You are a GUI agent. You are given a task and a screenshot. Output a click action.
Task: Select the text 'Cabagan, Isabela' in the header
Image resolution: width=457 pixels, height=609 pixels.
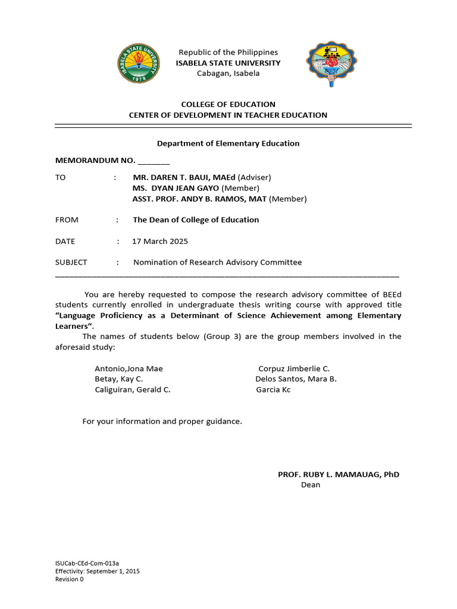228,73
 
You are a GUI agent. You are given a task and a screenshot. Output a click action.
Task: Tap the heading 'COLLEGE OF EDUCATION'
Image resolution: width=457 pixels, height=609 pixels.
228,104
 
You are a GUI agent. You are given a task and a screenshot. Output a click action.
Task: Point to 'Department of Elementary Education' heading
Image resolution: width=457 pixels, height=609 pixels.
228,143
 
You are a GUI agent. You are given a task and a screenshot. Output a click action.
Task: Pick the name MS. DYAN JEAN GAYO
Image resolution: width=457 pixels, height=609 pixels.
176,188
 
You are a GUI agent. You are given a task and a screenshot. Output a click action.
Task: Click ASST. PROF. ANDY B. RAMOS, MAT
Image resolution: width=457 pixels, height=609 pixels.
199,199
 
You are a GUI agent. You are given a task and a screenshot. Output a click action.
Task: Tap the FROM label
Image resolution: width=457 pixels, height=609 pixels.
67,219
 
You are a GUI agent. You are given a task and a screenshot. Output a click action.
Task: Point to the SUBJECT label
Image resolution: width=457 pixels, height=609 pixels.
71,262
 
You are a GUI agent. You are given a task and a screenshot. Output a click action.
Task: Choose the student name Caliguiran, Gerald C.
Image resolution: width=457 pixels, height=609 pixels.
133,390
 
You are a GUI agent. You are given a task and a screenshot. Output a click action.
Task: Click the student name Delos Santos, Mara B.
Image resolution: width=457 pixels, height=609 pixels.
296,379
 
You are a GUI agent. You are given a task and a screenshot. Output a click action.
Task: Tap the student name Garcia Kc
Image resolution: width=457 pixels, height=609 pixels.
273,390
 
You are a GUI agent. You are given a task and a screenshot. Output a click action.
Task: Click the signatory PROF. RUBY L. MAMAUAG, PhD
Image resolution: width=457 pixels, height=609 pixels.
339,474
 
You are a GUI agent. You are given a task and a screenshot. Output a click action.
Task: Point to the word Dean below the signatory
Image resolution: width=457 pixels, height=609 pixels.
311,485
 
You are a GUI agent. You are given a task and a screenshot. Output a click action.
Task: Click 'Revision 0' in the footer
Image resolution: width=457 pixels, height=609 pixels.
70,579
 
